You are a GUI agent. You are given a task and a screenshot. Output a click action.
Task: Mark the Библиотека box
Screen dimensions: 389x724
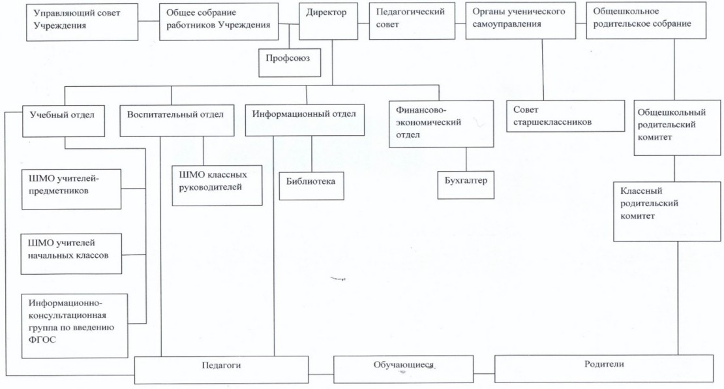[311, 185]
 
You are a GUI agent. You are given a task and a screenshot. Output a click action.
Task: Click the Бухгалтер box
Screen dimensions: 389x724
[466, 184]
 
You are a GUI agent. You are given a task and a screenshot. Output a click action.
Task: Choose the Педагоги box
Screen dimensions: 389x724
[222, 369]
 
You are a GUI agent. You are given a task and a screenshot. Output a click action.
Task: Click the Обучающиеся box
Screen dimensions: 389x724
[403, 369]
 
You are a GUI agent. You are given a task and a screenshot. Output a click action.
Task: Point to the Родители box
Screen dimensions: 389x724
[604, 367]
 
